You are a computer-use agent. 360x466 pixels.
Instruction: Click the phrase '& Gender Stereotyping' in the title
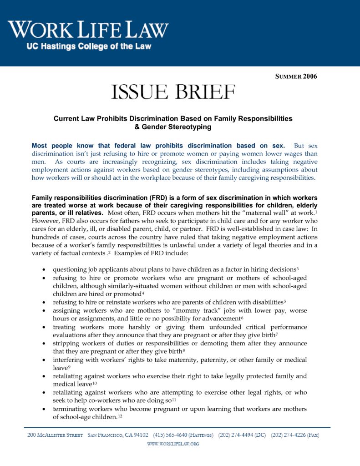173,127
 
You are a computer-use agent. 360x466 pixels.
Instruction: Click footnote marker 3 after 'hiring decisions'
297,268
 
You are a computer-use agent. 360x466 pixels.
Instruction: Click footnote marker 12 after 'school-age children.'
120,416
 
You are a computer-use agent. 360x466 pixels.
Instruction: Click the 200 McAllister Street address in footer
55,435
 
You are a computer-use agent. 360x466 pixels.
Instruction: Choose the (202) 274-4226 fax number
295,435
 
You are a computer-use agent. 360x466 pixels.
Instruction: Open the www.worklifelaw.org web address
173,444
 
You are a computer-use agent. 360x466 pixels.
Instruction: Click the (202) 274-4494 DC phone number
242,435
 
